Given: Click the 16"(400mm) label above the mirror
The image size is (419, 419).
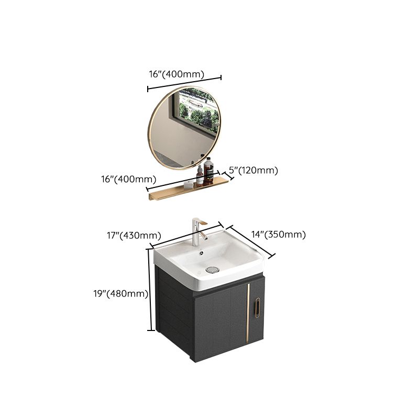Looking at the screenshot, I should click(x=177, y=74).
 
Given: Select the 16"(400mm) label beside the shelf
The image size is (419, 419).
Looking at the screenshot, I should click(x=125, y=179).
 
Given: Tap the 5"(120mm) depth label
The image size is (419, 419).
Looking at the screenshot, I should click(x=253, y=170).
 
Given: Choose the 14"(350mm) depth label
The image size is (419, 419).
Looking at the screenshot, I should click(x=278, y=235).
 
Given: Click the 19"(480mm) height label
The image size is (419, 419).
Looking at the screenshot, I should click(x=121, y=294).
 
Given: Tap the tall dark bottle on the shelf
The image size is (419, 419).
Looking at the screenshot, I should click(x=208, y=170).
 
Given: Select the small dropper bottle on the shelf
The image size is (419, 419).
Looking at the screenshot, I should click(x=199, y=175).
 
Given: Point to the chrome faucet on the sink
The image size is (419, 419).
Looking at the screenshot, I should click(x=197, y=233).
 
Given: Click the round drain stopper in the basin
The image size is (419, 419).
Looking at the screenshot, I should click(x=212, y=269).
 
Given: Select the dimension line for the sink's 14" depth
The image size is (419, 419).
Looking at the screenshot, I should click(x=252, y=241).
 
